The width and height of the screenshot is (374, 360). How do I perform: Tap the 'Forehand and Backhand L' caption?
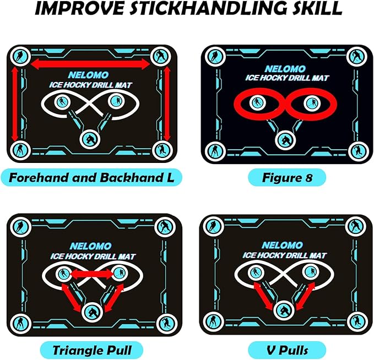91,177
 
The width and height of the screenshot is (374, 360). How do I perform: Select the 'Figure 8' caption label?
286,177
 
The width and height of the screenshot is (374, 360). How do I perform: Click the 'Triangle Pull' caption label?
91,349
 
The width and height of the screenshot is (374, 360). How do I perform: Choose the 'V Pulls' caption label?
286,349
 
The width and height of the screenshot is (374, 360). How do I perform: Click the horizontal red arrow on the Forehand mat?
90,65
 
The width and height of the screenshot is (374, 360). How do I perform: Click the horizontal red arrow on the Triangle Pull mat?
90,274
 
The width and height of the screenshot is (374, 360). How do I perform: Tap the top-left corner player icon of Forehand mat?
20,55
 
